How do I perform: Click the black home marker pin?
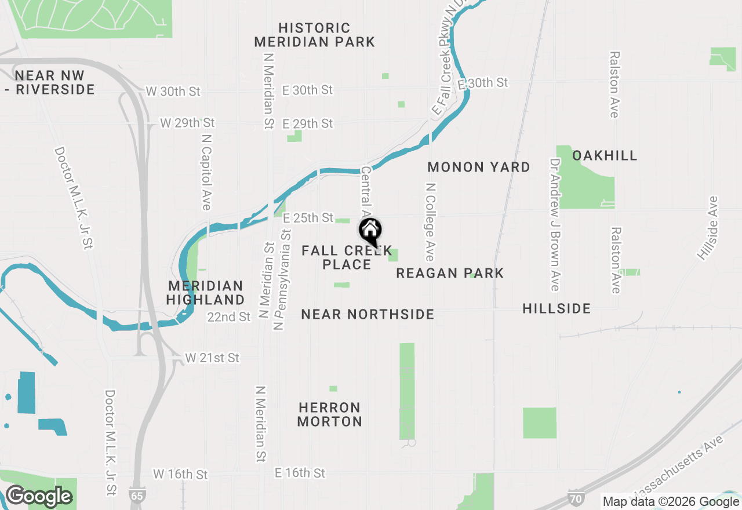click(x=370, y=232)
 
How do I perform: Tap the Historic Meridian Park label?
click(x=314, y=35)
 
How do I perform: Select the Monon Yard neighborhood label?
click(x=479, y=167)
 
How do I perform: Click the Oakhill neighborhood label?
click(x=605, y=155)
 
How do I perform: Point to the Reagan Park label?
click(x=450, y=273)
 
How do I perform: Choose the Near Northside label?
click(x=368, y=314)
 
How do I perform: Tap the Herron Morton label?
click(x=330, y=414)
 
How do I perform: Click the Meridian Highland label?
click(x=206, y=293)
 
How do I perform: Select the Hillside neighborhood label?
click(x=556, y=308)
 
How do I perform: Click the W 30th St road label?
click(x=173, y=92)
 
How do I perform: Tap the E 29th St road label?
click(x=307, y=123)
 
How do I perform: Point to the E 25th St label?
click(x=308, y=218)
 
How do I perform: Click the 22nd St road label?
click(x=229, y=317)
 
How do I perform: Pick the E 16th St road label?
click(x=300, y=473)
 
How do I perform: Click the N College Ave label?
click(x=430, y=222)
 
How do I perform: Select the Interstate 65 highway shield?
click(x=136, y=497)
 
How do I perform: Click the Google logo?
click(x=39, y=497)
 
